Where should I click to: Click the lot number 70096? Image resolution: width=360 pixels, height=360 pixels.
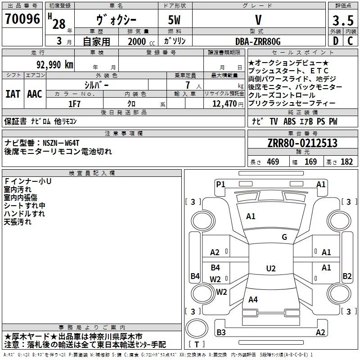(x=22, y=20)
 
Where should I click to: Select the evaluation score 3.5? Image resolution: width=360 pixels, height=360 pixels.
(x=343, y=20)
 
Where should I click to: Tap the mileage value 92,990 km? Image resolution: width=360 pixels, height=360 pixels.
(x=54, y=64)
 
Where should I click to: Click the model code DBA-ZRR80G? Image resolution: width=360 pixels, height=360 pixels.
(x=258, y=41)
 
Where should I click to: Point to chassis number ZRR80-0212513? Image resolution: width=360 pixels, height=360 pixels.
(x=302, y=144)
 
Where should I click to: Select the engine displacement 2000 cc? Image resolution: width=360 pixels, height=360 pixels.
(x=137, y=41)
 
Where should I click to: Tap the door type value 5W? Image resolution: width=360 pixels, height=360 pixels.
(x=175, y=20)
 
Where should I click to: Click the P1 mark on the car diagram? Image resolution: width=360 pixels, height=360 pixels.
(x=220, y=184)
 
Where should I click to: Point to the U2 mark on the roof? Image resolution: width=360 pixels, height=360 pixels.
(x=270, y=269)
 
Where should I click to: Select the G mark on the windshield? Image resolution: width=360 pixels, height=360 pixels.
(x=284, y=237)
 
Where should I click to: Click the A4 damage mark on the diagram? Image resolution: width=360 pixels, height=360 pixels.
(x=253, y=299)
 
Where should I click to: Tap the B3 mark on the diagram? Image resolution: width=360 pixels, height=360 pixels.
(x=221, y=333)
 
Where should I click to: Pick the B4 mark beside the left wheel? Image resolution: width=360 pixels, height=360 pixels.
(x=194, y=276)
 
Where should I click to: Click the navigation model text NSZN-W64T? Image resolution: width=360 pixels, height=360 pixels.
(x=61, y=143)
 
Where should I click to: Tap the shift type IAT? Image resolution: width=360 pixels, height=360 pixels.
(x=13, y=94)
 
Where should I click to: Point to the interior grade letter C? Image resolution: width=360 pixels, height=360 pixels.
(x=350, y=41)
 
